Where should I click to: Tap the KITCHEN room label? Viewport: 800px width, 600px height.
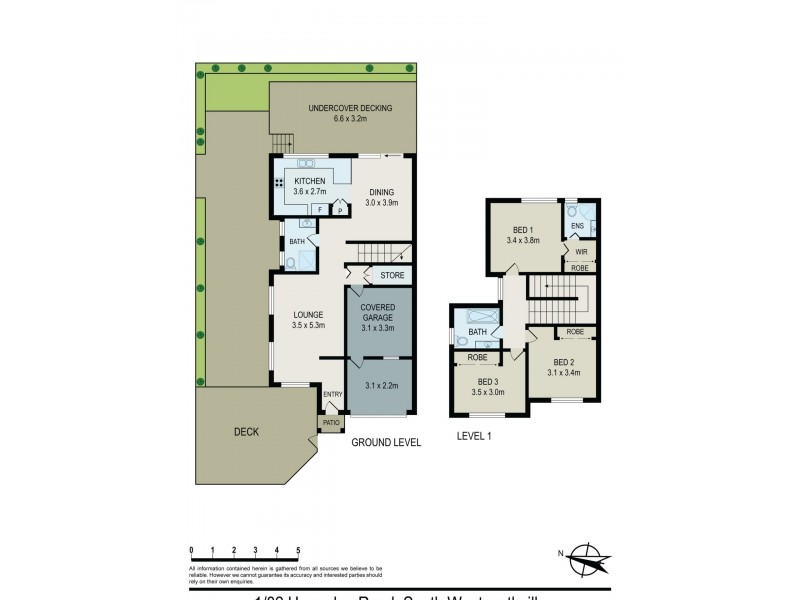pyautogui.click(x=309, y=181)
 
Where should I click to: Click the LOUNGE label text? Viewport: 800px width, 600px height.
pyautogui.click(x=308, y=314)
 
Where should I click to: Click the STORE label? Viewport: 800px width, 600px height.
pyautogui.click(x=391, y=274)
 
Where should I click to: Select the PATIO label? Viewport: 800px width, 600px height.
pyautogui.click(x=330, y=424)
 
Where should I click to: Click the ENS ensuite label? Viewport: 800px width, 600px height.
pyautogui.click(x=577, y=227)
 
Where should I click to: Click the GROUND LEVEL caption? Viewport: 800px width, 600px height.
pyautogui.click(x=386, y=441)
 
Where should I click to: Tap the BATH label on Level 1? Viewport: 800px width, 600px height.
pyautogui.click(x=478, y=332)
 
